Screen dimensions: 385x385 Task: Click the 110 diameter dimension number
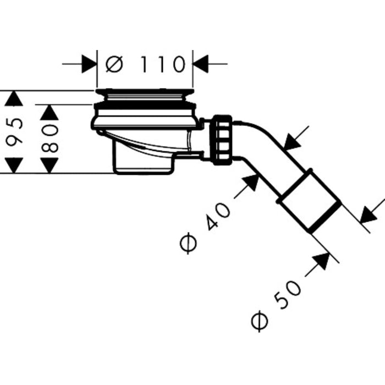tap(162, 64)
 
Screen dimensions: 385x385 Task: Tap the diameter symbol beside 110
tap(114, 64)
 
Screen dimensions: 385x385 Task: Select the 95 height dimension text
tap(14, 131)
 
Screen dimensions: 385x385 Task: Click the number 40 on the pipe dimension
tap(218, 216)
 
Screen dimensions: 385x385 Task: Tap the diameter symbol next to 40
tap(188, 243)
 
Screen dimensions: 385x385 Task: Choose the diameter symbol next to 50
tap(260, 321)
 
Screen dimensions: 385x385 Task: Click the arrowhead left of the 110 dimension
tap(89, 64)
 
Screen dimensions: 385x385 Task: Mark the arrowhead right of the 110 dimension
tap(200, 64)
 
